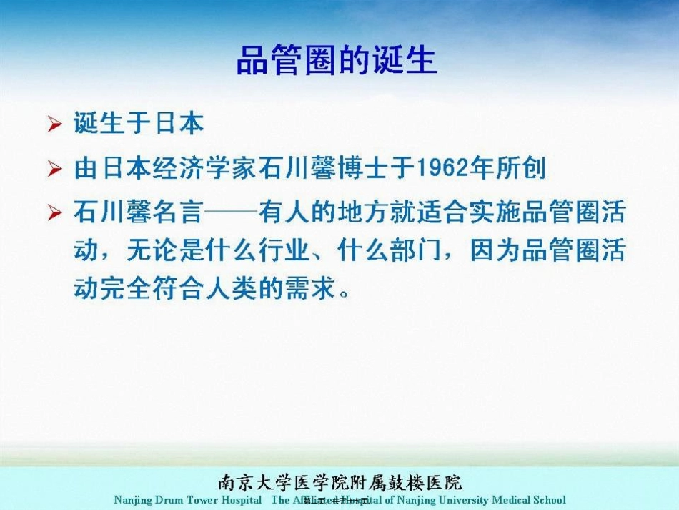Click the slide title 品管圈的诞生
(336, 60)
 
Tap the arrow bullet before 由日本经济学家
(56, 170)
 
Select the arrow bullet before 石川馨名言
(56, 213)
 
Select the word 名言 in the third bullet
(179, 212)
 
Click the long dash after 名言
(232, 213)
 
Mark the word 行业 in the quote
(285, 250)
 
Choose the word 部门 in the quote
(417, 250)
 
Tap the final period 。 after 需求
(345, 293)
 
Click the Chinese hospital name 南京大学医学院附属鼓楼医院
(339, 481)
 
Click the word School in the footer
(547, 500)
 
